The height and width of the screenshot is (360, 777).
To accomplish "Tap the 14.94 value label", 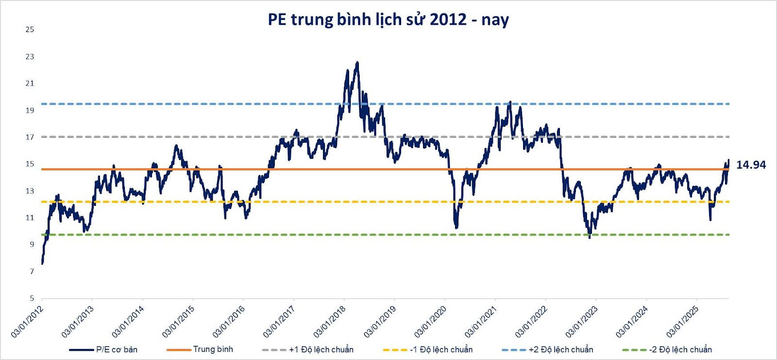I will click(751, 165).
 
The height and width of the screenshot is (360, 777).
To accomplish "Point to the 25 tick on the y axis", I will click(30, 30).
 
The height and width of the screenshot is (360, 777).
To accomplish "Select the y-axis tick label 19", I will click(30, 110).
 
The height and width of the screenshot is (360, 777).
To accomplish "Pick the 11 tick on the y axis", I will click(30, 218).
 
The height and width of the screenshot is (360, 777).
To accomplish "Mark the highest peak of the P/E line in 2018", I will click(357, 63).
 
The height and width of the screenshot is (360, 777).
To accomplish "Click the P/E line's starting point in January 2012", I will click(43, 263).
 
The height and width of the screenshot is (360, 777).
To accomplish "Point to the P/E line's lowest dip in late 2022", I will click(590, 237).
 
